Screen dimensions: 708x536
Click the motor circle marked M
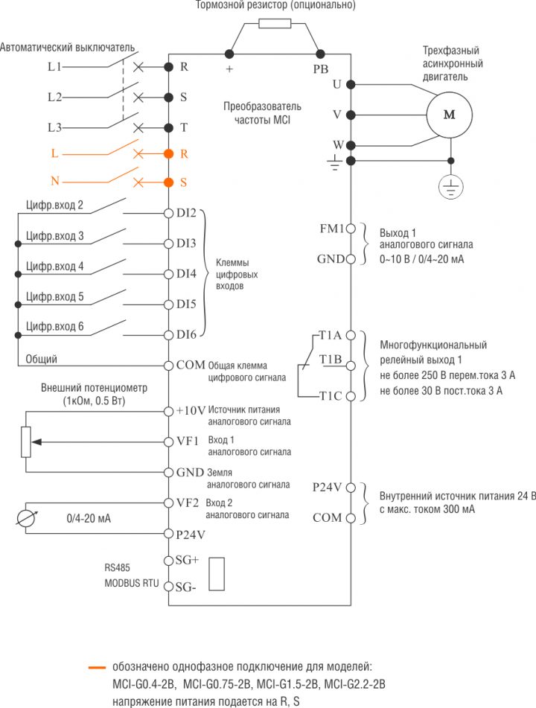coord(449,115)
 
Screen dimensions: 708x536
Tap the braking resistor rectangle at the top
coord(275,24)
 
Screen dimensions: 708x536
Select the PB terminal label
coord(320,68)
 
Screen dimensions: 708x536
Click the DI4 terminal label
coord(186,274)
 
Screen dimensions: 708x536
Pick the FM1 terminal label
coord(331,229)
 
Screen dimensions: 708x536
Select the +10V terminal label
coord(191,411)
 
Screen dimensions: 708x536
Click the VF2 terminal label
coord(187,502)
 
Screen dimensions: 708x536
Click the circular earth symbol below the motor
coord(449,187)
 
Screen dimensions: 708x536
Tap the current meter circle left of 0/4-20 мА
coord(27,518)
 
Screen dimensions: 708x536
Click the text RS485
coord(118,567)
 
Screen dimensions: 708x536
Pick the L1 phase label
coord(54,66)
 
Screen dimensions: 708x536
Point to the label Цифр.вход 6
coord(54,327)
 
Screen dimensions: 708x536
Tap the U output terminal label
coord(336,84)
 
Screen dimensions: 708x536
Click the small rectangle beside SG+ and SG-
coord(217,574)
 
